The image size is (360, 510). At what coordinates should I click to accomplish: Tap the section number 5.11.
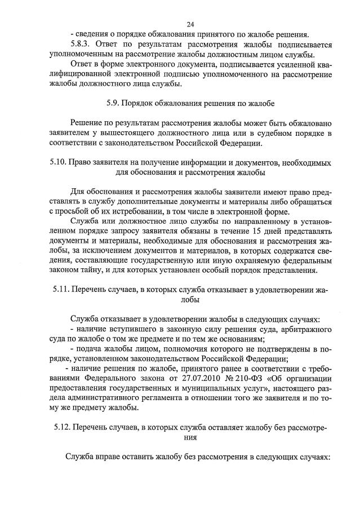58,290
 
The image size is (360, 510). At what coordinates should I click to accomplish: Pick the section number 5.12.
58,427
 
